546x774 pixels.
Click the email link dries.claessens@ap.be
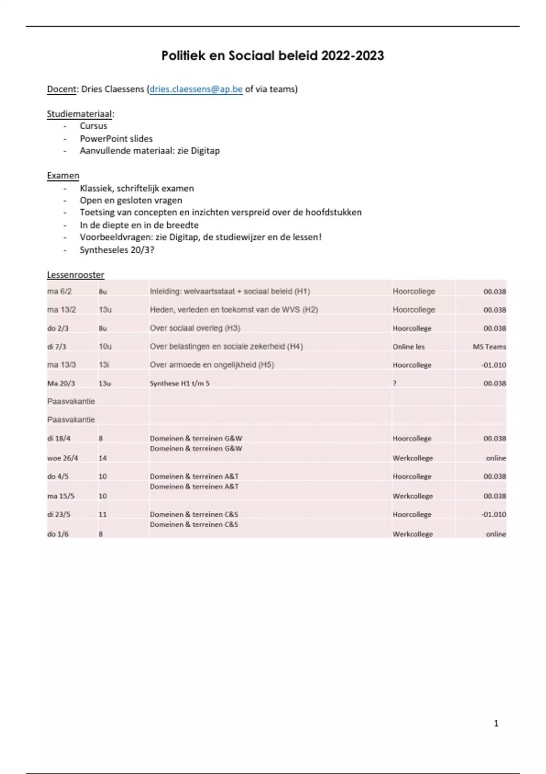(196, 89)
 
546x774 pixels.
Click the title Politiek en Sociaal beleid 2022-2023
(273, 56)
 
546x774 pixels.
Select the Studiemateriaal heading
(80, 114)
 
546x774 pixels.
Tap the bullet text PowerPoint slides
(116, 138)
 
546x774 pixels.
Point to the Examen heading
(63, 176)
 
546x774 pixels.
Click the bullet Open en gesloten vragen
(131, 200)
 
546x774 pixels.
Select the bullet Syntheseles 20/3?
(117, 250)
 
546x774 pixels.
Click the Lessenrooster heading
(76, 275)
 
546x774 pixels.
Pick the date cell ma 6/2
(60, 291)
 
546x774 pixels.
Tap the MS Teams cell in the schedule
(489, 346)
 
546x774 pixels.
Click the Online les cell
(409, 346)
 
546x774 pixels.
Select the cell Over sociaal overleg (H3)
(195, 328)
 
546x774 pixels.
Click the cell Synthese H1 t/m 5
(180, 383)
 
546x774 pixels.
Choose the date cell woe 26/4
(62, 458)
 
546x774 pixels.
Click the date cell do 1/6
(58, 534)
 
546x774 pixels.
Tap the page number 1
(496, 723)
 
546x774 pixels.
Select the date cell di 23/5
(59, 514)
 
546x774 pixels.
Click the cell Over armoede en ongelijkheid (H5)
(212, 365)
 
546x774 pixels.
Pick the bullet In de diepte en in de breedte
(139, 225)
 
